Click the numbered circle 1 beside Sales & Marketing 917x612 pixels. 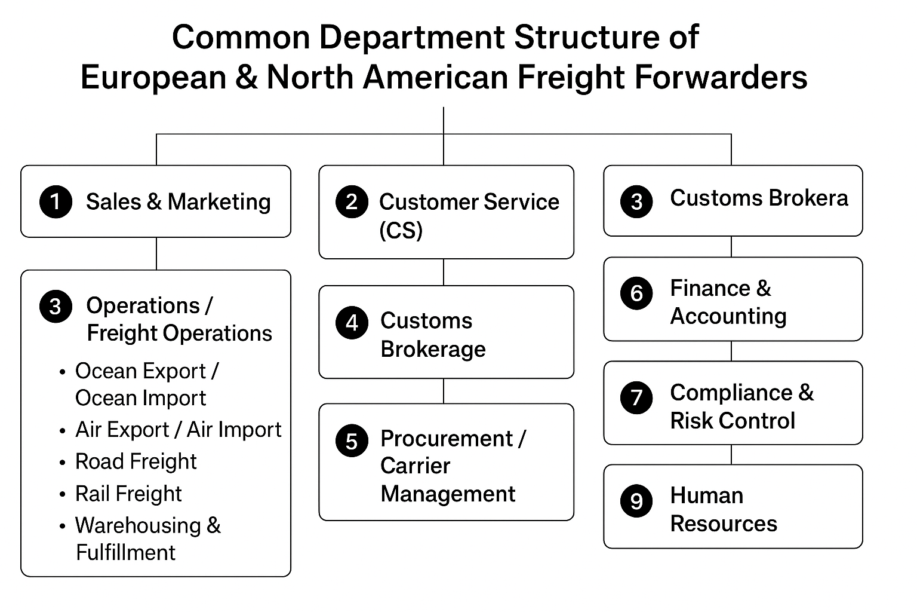[56, 201]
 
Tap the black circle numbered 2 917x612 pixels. [352, 201]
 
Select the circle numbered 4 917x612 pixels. [352, 323]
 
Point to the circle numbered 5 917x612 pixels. [352, 441]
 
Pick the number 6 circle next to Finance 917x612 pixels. [636, 293]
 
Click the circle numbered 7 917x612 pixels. [636, 397]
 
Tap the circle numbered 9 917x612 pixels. [636, 500]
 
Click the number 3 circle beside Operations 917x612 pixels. [56, 307]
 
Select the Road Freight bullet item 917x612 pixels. [136, 461]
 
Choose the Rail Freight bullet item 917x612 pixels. [128, 494]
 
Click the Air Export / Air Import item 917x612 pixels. [178, 430]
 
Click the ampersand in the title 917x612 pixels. [246, 78]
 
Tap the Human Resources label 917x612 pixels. [723, 509]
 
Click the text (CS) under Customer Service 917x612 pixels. [401, 230]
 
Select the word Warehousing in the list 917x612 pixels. [138, 525]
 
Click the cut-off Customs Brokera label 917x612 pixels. [758, 198]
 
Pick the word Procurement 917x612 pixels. [447, 439]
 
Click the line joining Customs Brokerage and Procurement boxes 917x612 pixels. [444, 391]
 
